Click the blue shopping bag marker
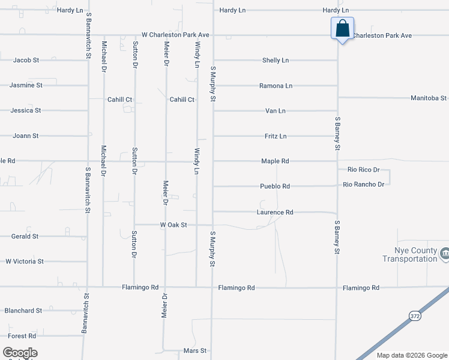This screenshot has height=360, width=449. point(342,28)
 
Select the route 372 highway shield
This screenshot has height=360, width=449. point(415,315)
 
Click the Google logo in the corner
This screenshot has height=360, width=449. point(20,353)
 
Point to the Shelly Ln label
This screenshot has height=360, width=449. point(276,61)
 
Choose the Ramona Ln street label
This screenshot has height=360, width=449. point(276,86)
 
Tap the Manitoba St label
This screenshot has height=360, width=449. point(429,98)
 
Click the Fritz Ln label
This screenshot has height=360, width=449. point(276,136)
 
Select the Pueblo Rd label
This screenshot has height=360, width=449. point(275,187)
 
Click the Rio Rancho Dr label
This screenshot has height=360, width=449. point(364,184)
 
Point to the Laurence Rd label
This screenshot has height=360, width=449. point(275,212)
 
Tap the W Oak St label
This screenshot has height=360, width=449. point(174,225)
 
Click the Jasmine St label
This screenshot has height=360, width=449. point(26,85)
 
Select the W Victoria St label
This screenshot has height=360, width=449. point(25,262)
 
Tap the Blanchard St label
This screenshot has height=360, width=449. point(23,311)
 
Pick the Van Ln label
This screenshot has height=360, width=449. point(276,111)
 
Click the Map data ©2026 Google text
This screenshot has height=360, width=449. point(411,355)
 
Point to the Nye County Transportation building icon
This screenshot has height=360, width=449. point(444,254)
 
